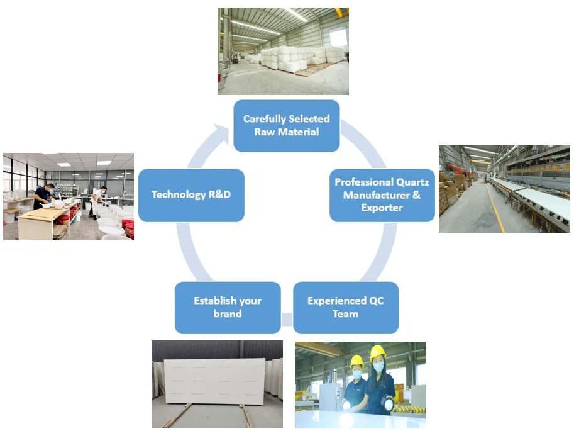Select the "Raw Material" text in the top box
(x=286, y=132)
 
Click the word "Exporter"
(x=382, y=208)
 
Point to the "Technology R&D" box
(x=191, y=195)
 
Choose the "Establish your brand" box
(x=228, y=307)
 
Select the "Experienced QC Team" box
(x=345, y=307)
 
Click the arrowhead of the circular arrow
(x=221, y=133)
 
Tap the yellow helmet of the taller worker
(x=377, y=352)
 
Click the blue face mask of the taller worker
(x=378, y=366)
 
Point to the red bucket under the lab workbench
(x=63, y=220)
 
